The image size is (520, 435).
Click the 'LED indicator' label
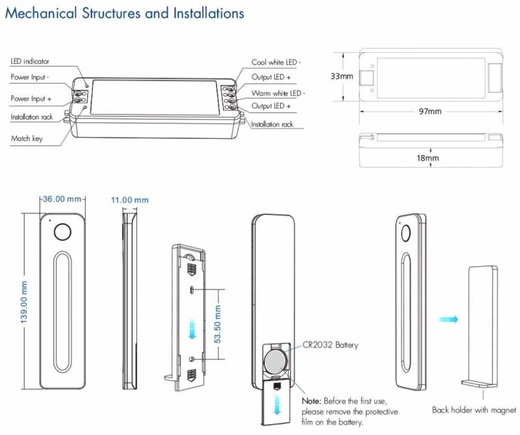[x=30, y=61]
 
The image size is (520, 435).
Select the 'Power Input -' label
[x=31, y=77]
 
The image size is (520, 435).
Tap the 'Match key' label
[x=27, y=138]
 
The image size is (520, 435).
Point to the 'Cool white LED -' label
[x=276, y=62]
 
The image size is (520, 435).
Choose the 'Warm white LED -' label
[x=278, y=93]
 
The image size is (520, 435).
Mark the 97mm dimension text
[x=430, y=111]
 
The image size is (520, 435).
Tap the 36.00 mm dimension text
[x=62, y=199]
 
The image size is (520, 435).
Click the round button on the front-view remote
[x=62, y=232]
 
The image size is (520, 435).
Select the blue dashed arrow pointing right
[x=448, y=319]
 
